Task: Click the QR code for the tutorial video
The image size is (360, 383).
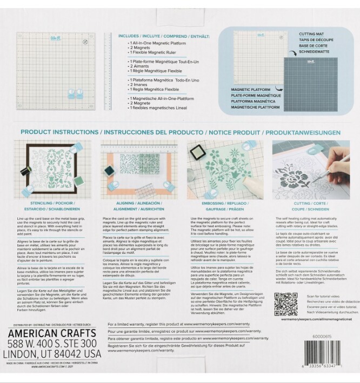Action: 285,304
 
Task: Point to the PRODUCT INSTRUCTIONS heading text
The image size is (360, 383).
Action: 59,132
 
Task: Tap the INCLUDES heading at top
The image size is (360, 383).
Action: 130,36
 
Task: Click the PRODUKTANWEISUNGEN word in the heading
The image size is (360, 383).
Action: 307,132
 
